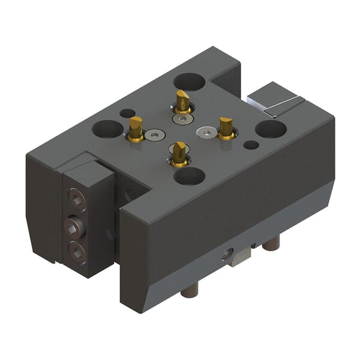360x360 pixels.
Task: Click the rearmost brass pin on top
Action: [182, 101]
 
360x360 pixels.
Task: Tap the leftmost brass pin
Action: [136, 128]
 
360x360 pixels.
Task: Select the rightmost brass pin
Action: [226, 128]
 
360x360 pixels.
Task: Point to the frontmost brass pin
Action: [179, 154]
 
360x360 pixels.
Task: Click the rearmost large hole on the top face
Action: [188, 81]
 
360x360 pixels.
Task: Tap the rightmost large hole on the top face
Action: [270, 129]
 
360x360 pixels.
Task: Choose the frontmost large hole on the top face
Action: [189, 176]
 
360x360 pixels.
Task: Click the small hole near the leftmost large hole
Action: [127, 113]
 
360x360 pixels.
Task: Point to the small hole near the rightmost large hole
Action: [252, 145]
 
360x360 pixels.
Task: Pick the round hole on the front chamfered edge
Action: [226, 255]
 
